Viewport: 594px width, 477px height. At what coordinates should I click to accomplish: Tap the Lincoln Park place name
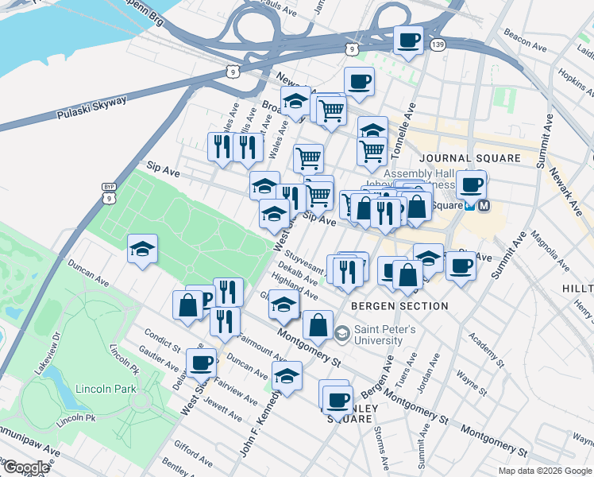tap(106, 389)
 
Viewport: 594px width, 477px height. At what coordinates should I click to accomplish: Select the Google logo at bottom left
tap(26, 467)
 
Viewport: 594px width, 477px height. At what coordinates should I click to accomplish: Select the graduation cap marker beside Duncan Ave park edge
tap(142, 249)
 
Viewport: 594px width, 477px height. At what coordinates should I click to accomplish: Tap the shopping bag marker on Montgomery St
tap(318, 324)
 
